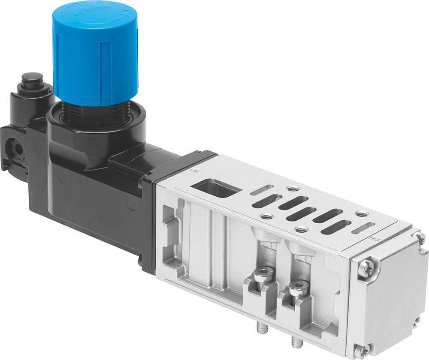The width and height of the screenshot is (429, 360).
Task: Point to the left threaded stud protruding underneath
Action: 264,328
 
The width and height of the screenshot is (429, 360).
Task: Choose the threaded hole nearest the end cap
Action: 362,213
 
